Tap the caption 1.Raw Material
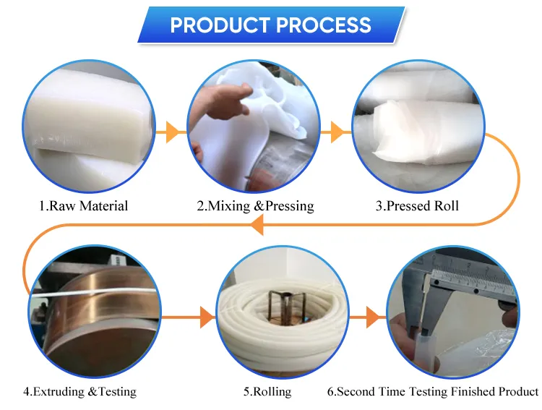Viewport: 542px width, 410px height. (x=83, y=206)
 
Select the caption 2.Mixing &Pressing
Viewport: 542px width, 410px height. (x=255, y=206)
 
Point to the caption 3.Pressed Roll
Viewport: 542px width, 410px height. (x=417, y=206)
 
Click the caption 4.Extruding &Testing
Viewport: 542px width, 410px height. (x=79, y=392)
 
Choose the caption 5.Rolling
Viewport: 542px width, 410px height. (x=267, y=392)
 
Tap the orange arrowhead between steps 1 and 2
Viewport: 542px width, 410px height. (x=173, y=132)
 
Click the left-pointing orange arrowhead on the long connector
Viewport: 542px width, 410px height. (x=257, y=225)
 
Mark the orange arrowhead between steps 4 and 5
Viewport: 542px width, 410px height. (x=207, y=317)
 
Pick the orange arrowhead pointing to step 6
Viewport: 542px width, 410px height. (x=373, y=317)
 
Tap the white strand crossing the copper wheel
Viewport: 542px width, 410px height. (x=94, y=292)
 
